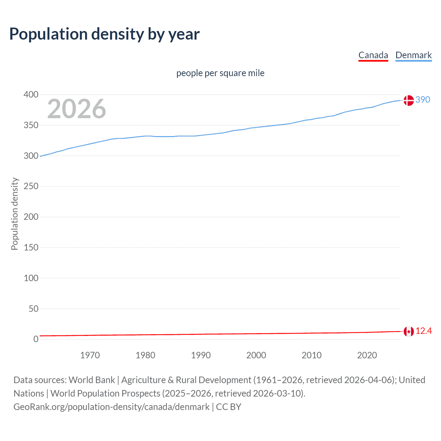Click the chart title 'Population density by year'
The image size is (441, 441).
click(104, 34)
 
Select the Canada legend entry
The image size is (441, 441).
click(373, 55)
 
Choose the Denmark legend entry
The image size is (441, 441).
click(413, 55)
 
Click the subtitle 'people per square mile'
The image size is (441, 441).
click(220, 73)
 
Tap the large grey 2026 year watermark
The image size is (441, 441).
click(76, 109)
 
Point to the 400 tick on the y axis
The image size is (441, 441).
click(31, 94)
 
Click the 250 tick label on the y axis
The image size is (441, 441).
click(31, 186)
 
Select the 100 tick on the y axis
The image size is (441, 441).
click(31, 278)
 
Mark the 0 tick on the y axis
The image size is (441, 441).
click(36, 339)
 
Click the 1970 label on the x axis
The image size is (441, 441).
click(90, 355)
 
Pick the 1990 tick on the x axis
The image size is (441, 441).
click(201, 355)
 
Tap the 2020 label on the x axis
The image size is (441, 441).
click(367, 355)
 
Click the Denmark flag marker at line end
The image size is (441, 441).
click(409, 100)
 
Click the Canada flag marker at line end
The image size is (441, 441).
click(409, 332)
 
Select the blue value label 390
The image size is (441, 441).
click(423, 100)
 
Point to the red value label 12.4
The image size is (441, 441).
click(423, 331)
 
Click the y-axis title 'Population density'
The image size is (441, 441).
click(14, 214)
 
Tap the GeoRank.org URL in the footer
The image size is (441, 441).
click(111, 407)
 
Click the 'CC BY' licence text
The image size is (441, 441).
click(228, 407)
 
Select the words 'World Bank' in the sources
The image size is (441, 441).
click(92, 380)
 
